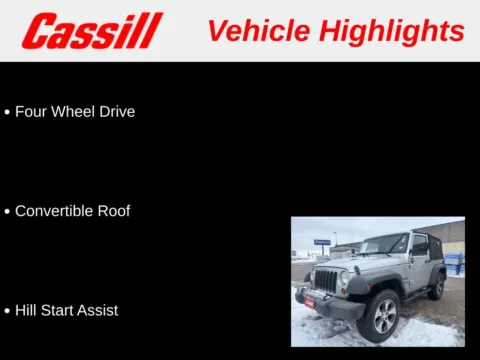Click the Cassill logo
click(92, 31)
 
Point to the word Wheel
click(76, 112)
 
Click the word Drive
click(118, 112)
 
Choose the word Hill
click(27, 310)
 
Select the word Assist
click(100, 310)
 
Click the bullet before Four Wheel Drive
click(8, 113)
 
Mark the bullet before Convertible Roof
click(8, 212)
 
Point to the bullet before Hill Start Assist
click(8, 311)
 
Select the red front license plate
click(309, 301)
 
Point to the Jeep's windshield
click(385, 245)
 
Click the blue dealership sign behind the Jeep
click(322, 242)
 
